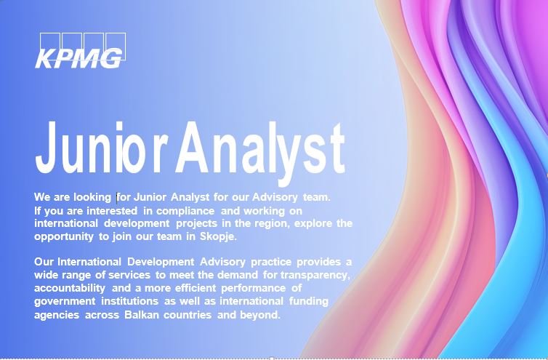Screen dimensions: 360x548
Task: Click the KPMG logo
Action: point(79,52)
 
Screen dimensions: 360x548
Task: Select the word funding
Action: point(309,301)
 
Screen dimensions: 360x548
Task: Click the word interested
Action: point(113,210)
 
